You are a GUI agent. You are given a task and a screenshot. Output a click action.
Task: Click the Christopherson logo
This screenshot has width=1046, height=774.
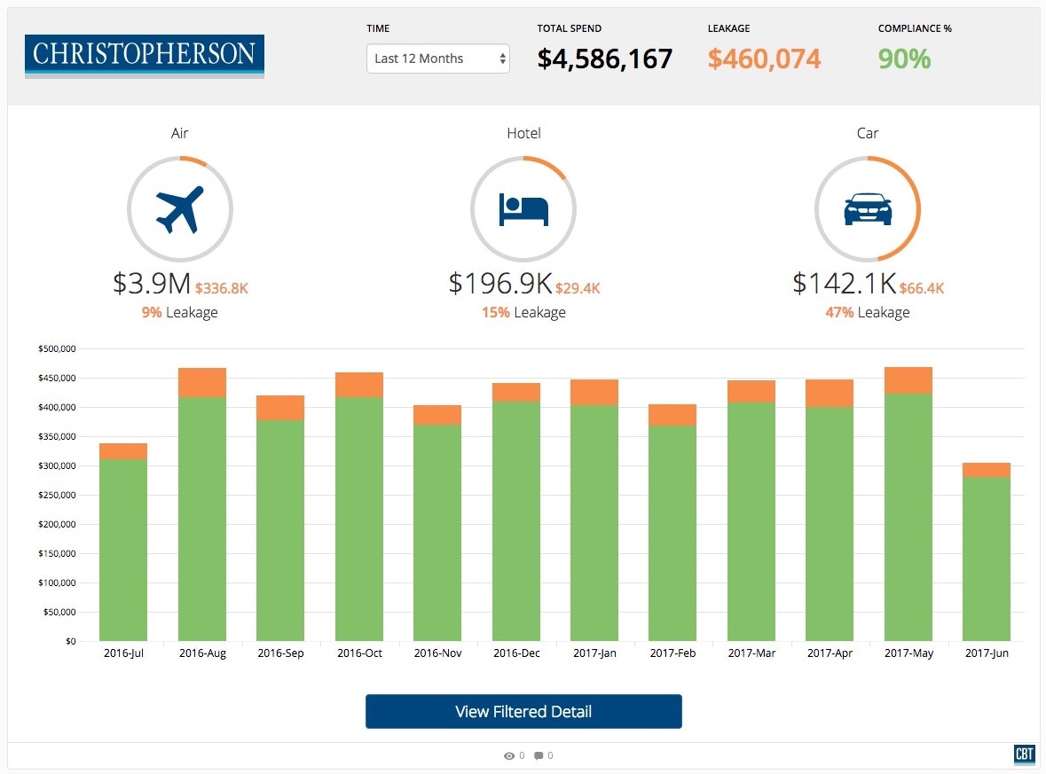click(145, 56)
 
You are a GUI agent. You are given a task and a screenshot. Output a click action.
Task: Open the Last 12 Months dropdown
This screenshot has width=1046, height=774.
click(438, 59)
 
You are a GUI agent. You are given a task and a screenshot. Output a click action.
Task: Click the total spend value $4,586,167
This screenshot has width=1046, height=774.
click(604, 59)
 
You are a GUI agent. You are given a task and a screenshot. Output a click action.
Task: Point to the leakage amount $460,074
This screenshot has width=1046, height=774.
click(764, 59)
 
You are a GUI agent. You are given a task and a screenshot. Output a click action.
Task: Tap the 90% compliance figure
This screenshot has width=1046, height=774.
click(904, 59)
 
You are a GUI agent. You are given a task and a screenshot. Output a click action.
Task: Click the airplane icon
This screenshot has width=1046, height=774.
click(180, 209)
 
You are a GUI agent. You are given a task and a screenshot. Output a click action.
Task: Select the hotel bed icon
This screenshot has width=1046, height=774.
click(523, 209)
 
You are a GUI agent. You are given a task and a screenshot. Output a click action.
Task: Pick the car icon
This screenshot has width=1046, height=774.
click(867, 209)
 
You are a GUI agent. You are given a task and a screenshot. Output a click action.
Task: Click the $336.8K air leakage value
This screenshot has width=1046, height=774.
click(222, 288)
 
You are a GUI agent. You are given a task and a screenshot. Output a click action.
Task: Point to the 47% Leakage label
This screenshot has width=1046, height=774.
click(867, 312)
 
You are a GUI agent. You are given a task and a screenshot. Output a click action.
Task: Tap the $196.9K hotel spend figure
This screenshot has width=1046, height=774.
click(500, 284)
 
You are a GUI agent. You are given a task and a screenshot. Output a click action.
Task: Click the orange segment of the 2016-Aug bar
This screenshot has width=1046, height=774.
click(202, 382)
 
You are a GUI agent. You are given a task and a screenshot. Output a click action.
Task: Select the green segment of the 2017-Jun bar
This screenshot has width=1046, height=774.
click(987, 559)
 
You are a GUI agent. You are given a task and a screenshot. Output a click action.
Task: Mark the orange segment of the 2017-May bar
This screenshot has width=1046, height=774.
click(908, 380)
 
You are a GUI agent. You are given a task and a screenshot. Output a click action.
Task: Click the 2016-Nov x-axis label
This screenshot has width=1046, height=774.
click(437, 653)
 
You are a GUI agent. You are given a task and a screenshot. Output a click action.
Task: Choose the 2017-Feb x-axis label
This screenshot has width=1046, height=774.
click(672, 653)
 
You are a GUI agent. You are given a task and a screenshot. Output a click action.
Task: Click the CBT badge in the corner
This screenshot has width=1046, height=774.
click(1024, 754)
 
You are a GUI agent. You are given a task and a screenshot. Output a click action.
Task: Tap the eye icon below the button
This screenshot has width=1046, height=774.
click(509, 756)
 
